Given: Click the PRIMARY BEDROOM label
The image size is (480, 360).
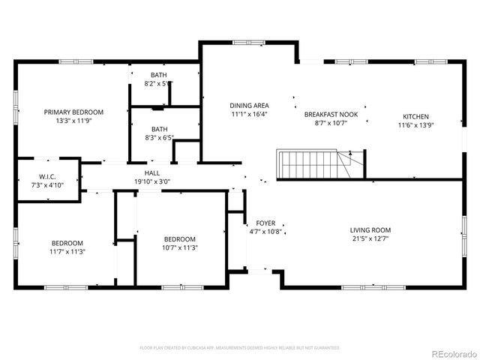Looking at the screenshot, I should pos(73,112).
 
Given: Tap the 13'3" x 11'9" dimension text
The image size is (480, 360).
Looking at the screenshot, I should pos(73,121).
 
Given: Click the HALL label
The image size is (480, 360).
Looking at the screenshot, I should pos(152,172).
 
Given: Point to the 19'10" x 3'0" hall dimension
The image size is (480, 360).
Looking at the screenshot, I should pos(152,181).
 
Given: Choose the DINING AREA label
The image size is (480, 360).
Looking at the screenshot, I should pos(249,106).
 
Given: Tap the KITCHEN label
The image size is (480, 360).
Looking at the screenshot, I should pos(415,116).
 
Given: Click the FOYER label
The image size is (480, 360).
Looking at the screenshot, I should pos(265,223).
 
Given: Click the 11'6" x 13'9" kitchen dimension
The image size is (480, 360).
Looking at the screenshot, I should pos(415,125).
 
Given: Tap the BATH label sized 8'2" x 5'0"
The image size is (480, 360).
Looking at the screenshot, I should pos(158,75).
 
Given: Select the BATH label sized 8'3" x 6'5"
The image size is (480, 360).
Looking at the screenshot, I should pos(159,129).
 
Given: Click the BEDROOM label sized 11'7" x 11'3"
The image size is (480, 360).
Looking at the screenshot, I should pos(67,243).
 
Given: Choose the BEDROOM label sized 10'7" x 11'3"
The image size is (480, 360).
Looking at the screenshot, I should pos(180,239).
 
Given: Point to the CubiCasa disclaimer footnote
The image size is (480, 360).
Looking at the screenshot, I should pos(240,348).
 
